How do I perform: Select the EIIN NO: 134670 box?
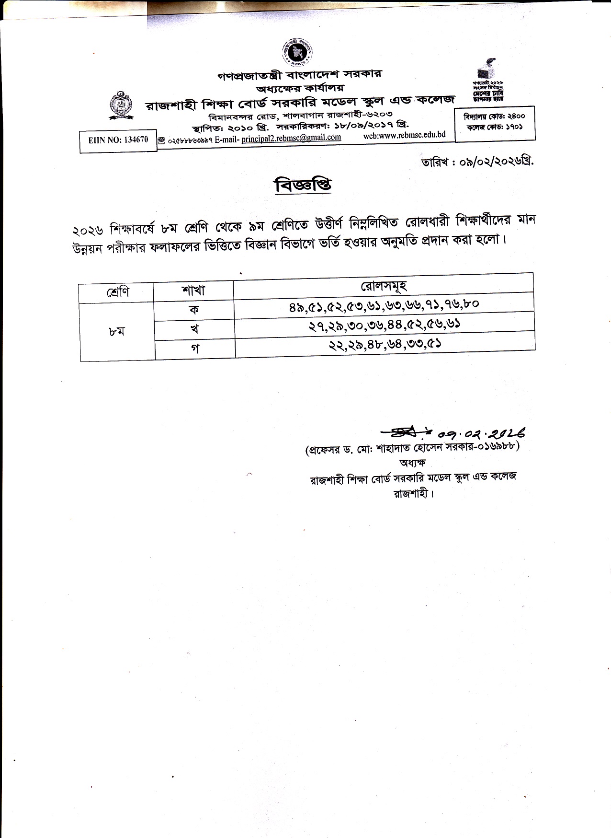click(118, 140)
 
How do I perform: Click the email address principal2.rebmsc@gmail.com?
click(291, 138)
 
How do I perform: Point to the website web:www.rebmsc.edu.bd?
click(404, 135)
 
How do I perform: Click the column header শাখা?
click(193, 290)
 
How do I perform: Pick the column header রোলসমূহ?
click(384, 286)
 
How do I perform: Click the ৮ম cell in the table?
click(117, 331)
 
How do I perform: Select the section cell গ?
click(194, 349)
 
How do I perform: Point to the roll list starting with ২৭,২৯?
click(385, 325)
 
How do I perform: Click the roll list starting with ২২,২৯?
click(385, 344)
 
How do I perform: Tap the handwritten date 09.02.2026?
click(481, 434)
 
